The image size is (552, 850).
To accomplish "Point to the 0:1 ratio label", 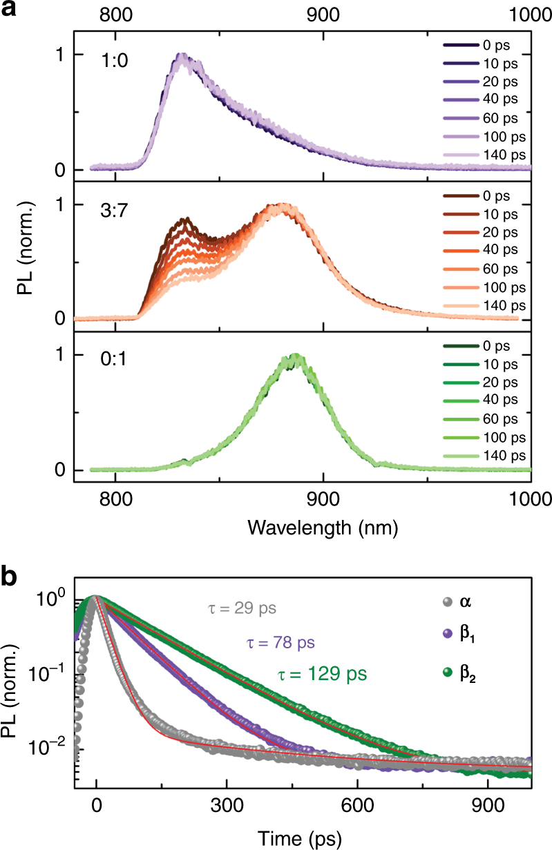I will tap(112, 360).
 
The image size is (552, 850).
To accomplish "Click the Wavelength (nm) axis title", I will tap(322, 528).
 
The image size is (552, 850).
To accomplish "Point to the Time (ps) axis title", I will tap(322, 837).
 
